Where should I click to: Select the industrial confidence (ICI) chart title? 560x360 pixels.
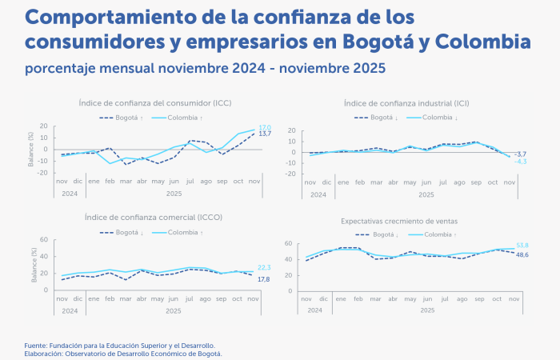(406, 103)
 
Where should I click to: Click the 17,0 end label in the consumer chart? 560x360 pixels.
(264, 127)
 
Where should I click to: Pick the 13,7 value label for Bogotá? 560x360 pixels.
(265, 134)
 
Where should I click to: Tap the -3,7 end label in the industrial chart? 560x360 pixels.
(520, 154)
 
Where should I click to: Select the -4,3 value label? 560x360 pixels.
(520, 162)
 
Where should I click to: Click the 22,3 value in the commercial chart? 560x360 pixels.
(265, 267)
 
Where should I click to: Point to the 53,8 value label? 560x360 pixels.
(521, 246)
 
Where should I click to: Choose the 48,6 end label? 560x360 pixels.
(521, 254)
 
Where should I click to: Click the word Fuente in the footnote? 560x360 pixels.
(36, 345)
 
